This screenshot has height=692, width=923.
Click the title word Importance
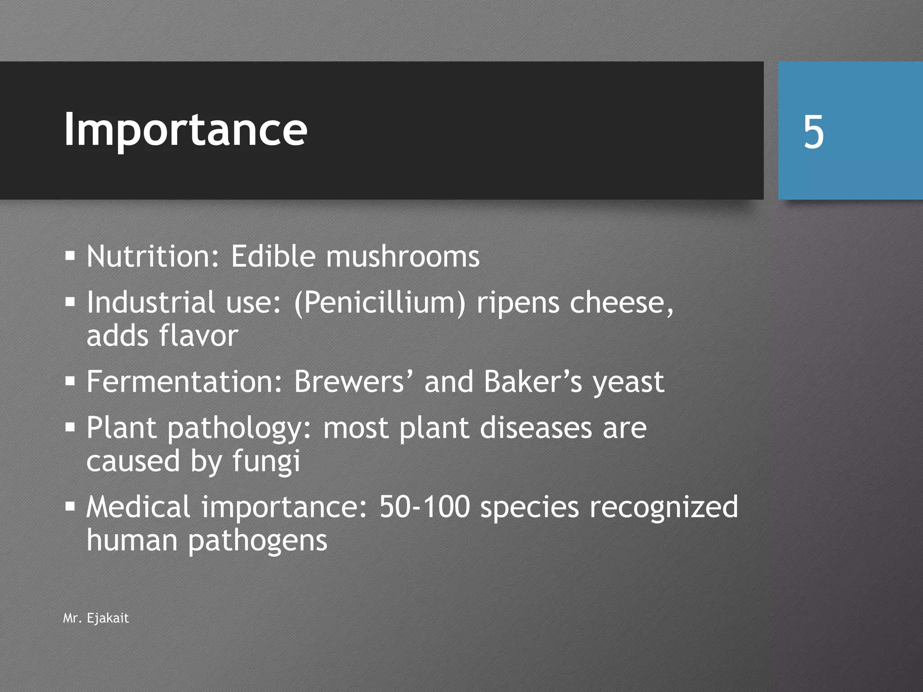tap(185, 130)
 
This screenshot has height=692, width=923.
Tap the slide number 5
tap(813, 132)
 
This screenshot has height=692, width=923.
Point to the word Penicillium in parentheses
tap(379, 302)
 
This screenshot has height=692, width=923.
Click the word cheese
tap(621, 302)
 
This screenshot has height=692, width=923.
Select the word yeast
tap(628, 382)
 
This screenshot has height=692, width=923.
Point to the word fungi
tap(266, 462)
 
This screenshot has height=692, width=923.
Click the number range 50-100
tap(424, 507)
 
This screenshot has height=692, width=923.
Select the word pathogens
tap(257, 541)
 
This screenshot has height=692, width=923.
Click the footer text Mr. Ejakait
tap(96, 618)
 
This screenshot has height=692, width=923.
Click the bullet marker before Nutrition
tap(70, 256)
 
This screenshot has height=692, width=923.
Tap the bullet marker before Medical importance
tap(70, 507)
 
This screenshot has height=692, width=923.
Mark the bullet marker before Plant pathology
tap(70, 427)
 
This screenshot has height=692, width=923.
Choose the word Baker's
tap(533, 382)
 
